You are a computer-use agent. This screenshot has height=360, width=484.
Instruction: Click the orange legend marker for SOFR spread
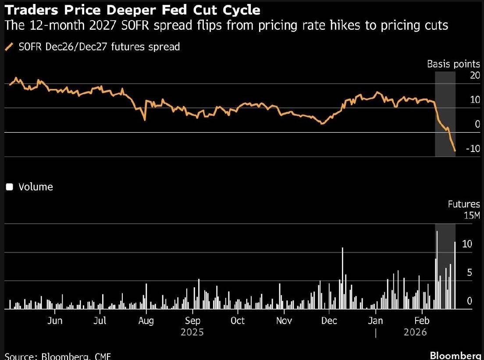[x=9, y=47]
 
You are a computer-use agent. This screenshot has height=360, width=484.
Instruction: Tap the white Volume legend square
[x=9, y=187]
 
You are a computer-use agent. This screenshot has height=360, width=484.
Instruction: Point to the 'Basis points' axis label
[x=453, y=64]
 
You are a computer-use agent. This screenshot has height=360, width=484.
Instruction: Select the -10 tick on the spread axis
[x=473, y=149]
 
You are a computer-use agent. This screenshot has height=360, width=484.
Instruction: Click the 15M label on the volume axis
[x=472, y=215]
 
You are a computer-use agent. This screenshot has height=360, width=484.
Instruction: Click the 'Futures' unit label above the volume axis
[x=464, y=204]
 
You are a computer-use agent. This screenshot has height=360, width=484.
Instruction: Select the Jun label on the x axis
[x=54, y=321]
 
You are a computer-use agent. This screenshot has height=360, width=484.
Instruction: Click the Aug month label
[x=146, y=321]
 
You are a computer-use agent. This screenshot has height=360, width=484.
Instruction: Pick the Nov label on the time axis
[x=284, y=321]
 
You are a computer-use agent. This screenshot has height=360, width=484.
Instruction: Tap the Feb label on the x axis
[x=421, y=321]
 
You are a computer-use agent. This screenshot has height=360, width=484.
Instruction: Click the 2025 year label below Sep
[x=192, y=332]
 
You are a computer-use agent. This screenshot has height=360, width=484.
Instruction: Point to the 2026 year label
[x=415, y=332]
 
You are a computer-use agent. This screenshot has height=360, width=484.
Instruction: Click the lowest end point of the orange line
[x=455, y=151]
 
